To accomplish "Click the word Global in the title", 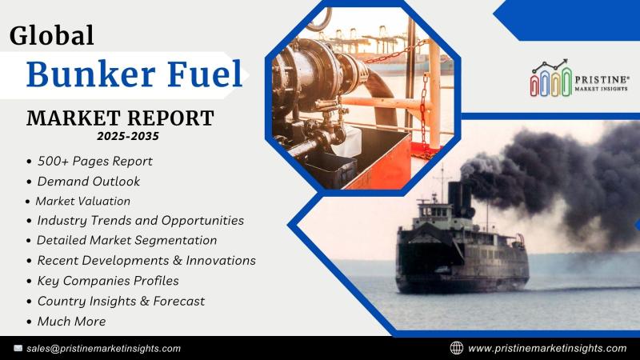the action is point(52,35).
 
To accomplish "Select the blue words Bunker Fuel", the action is point(134,74).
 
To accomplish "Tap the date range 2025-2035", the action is point(128,136).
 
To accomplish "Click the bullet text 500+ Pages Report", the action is point(94,162).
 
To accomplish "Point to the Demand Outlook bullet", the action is point(89,182).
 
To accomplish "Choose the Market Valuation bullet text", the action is point(83,201).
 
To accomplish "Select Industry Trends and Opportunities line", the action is point(141,221).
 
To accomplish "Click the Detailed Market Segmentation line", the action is point(127,241).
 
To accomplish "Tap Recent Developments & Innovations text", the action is point(146,261).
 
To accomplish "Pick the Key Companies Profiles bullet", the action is point(108,281).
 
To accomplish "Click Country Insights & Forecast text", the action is point(122,302).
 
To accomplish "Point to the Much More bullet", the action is point(72,322).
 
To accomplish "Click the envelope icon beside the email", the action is point(18,348).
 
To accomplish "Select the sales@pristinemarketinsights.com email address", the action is point(104,349).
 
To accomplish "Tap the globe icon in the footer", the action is point(456,348).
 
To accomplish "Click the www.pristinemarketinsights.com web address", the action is point(547,348).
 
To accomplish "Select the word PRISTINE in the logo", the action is point(601,79).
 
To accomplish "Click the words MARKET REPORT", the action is point(121,118).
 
